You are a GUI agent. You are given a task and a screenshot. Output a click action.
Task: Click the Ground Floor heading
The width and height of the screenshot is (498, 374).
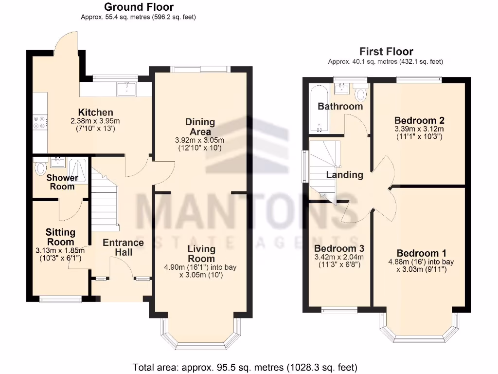click(x=139, y=7)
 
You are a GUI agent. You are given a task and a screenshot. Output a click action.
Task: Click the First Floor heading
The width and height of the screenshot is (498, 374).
click(x=386, y=52)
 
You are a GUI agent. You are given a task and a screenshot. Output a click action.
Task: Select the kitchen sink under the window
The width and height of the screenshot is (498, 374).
click(x=127, y=88)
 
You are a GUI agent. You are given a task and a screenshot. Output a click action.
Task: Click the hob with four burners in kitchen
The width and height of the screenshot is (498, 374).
click(x=39, y=122)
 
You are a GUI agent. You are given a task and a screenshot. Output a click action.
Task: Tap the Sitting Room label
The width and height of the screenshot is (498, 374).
click(x=60, y=237)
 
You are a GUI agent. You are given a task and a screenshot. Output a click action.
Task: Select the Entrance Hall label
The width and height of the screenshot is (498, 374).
click(x=123, y=247)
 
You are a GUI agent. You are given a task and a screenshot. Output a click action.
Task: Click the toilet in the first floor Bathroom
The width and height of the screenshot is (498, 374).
click(x=361, y=93)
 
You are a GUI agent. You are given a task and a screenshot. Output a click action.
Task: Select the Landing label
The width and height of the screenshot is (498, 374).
click(x=344, y=175)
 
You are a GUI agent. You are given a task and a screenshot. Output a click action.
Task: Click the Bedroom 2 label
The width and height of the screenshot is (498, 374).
click(x=419, y=120)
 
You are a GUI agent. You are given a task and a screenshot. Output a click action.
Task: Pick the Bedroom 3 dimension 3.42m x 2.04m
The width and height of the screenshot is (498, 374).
click(x=339, y=257)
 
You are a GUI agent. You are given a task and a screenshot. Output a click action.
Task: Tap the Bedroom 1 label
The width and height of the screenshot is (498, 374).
click(x=421, y=253)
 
